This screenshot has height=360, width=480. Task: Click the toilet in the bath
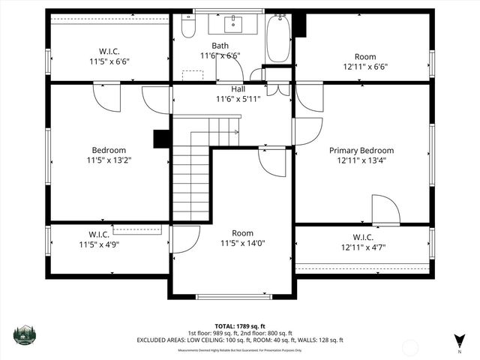point(188,27)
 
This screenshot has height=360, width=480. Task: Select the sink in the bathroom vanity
point(235,24)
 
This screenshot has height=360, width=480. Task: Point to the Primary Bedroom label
point(361,150)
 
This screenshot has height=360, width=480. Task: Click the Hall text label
point(238,88)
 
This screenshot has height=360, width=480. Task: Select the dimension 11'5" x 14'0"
point(242,243)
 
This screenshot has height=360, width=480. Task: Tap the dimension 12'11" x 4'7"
point(363,247)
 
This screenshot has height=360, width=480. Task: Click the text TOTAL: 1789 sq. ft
point(240,326)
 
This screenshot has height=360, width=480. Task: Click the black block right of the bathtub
point(301,25)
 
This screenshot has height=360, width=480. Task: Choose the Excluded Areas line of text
point(240,340)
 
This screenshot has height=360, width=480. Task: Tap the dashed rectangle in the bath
point(193,75)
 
